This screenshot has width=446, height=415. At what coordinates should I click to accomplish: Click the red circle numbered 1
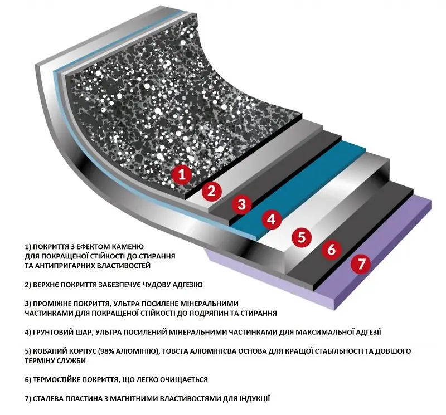tap(182, 174)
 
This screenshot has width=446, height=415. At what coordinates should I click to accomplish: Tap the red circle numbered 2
tap(212, 191)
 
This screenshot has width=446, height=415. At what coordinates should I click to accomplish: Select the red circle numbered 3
tap(242, 204)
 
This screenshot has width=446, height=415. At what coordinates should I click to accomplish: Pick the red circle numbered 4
tap(272, 219)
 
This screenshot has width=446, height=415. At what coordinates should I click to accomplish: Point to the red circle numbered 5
tap(302, 237)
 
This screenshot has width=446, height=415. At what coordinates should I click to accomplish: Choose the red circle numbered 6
tap(332, 250)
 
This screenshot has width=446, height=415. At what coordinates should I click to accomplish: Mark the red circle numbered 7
tap(361, 264)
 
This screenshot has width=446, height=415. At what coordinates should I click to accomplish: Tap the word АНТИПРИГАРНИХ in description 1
tap(65, 266)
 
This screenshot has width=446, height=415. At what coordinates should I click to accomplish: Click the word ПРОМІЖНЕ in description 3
tap(52, 304)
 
